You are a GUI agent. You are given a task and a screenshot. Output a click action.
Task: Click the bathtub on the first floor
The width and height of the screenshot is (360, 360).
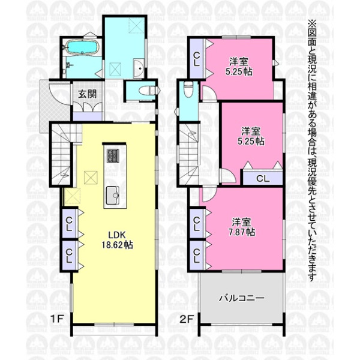83,48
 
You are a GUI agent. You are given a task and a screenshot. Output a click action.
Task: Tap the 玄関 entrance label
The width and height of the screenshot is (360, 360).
87,94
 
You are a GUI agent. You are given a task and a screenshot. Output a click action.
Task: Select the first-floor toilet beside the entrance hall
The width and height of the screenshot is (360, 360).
149,90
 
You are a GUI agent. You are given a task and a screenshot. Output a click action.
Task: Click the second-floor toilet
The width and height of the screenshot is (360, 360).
188,89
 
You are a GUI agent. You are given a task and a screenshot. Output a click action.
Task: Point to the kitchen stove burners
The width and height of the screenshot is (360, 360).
113,156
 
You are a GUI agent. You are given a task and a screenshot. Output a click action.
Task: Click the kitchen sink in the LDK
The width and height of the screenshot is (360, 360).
112,195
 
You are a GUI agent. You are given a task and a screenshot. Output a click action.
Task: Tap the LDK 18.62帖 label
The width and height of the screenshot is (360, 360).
118,240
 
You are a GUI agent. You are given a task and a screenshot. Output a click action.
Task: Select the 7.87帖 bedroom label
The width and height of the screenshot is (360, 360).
242,227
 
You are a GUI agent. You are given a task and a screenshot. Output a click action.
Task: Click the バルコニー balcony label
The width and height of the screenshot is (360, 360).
242,298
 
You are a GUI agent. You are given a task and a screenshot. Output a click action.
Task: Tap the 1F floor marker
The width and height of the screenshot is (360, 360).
57,319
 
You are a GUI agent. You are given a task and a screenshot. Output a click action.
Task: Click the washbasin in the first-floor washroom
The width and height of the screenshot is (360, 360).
139,68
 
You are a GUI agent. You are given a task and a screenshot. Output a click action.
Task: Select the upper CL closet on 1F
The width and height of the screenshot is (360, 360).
69,224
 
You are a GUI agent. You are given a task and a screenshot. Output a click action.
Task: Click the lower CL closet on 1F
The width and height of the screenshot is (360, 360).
69,256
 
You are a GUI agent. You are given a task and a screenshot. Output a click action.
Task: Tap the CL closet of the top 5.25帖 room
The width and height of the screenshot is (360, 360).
197,59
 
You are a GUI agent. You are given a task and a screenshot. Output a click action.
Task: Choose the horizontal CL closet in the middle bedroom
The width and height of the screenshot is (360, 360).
263,178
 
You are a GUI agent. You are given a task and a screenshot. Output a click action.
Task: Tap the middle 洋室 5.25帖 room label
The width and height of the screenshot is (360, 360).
251,136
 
